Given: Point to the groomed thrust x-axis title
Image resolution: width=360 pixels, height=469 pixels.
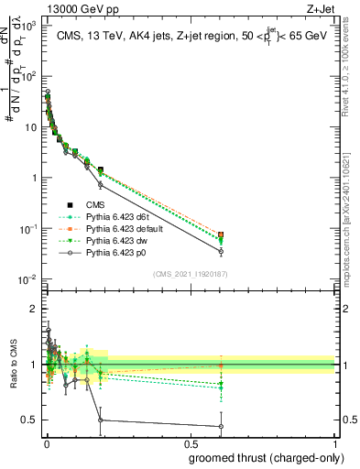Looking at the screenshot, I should click(x=262, y=459).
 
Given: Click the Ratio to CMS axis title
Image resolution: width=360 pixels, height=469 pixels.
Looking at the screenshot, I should click(x=11, y=365).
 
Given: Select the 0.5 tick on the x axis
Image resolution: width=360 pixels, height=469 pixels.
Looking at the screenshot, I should click(x=191, y=444).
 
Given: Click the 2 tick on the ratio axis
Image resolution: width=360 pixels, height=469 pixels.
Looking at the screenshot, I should click(x=33, y=309).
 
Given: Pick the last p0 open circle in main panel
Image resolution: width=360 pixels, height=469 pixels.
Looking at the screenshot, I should click(x=220, y=251).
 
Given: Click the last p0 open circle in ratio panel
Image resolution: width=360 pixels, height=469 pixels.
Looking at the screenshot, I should click(x=220, y=426).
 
